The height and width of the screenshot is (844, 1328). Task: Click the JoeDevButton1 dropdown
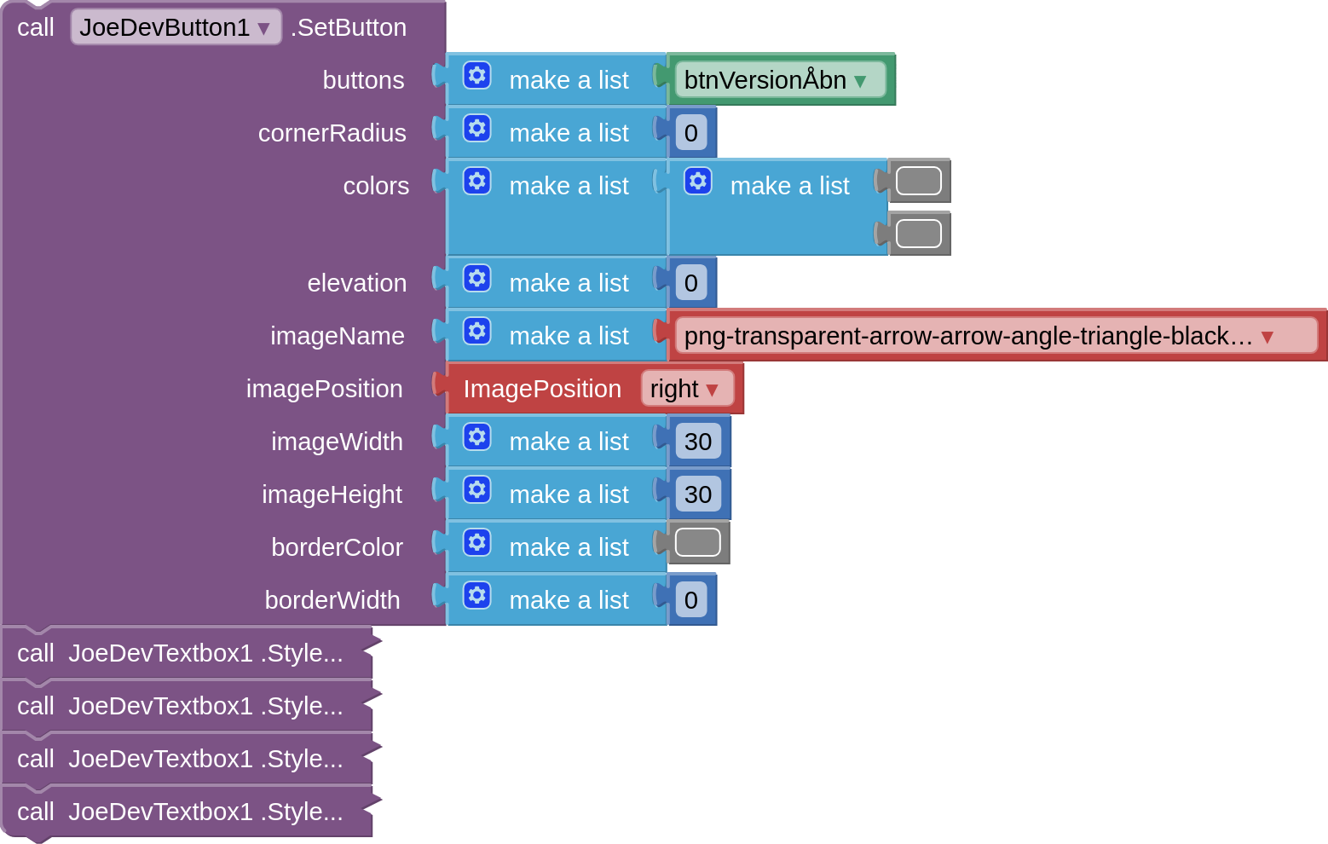pyautogui.click(x=176, y=27)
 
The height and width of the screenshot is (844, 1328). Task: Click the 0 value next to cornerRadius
pyautogui.click(x=691, y=133)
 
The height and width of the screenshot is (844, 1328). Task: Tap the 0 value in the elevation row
pyautogui.click(x=691, y=283)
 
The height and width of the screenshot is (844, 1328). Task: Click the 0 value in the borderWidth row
pyautogui.click(x=691, y=600)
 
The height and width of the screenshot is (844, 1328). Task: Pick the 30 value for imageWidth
pyautogui.click(x=698, y=442)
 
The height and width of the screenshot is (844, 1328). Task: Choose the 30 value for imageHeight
pyautogui.click(x=698, y=494)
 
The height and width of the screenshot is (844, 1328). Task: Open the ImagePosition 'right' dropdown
pyautogui.click(x=686, y=389)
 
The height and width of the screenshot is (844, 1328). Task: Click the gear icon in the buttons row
pyautogui.click(x=477, y=76)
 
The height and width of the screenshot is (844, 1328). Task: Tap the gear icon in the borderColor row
pyautogui.click(x=477, y=543)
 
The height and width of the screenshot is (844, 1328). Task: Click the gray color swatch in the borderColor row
pyautogui.click(x=698, y=542)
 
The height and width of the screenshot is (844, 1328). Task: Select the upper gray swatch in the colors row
pyautogui.click(x=919, y=181)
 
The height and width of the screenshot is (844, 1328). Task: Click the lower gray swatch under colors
pyautogui.click(x=919, y=234)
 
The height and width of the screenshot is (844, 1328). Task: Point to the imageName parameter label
pyautogui.click(x=338, y=336)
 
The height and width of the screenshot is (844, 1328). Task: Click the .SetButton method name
pyautogui.click(x=349, y=27)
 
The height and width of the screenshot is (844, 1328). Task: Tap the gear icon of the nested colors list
pyautogui.click(x=698, y=182)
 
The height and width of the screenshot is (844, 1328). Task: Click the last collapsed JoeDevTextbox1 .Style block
pyautogui.click(x=180, y=812)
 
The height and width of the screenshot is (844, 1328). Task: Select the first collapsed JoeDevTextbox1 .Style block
pyautogui.click(x=180, y=653)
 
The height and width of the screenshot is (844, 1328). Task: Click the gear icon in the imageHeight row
pyautogui.click(x=477, y=490)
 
